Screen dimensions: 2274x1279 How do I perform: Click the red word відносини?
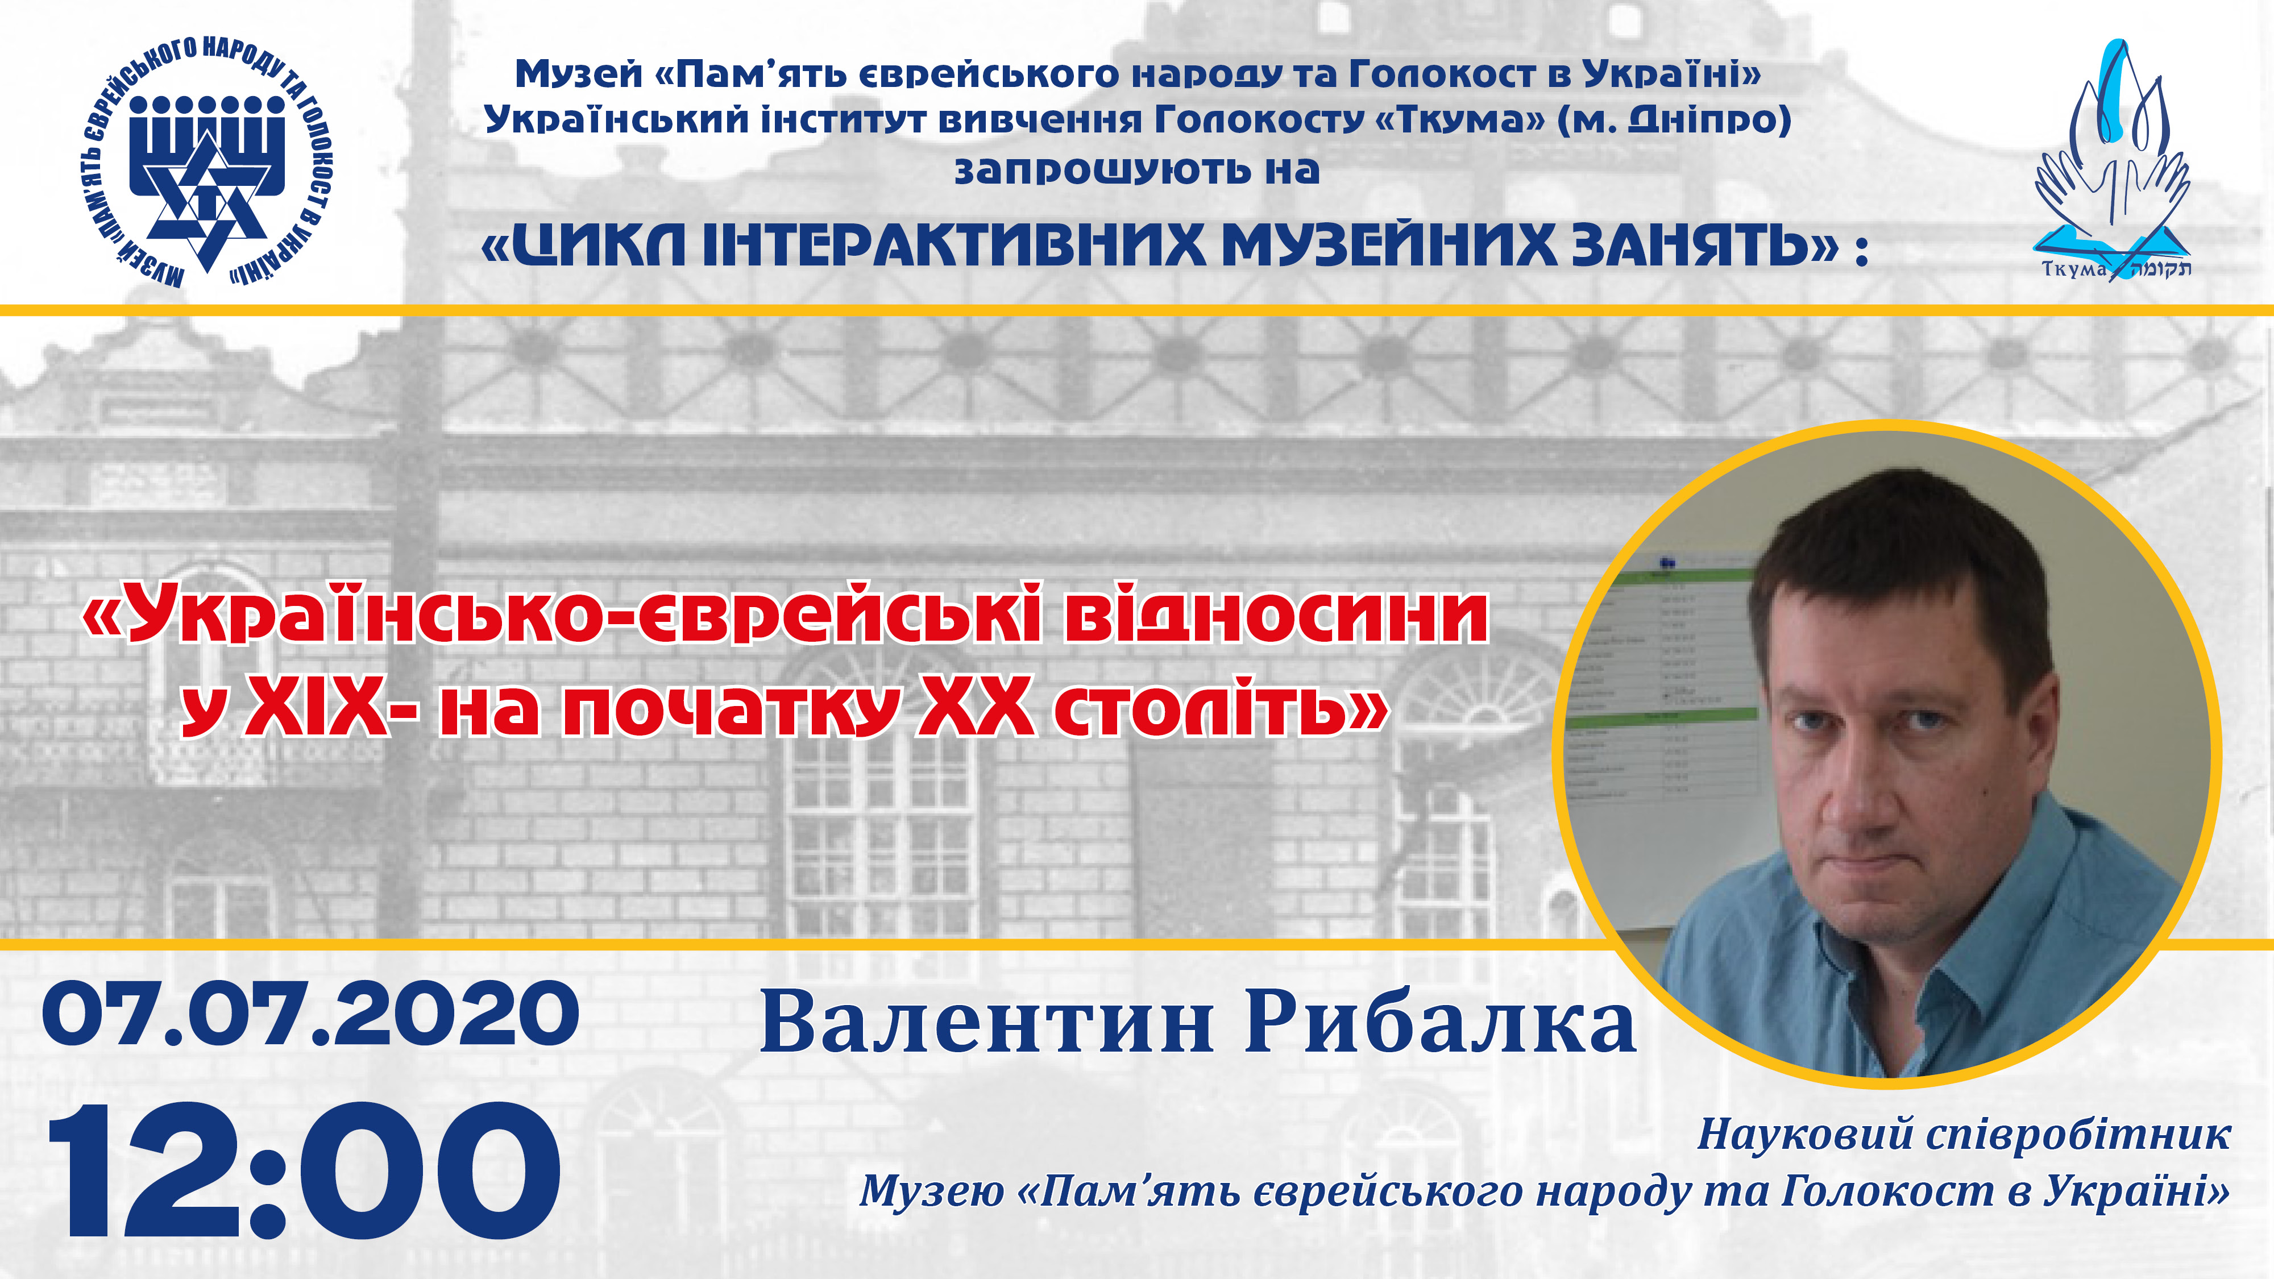tap(1276, 615)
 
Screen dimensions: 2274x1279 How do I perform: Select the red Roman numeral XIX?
tap(317, 711)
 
